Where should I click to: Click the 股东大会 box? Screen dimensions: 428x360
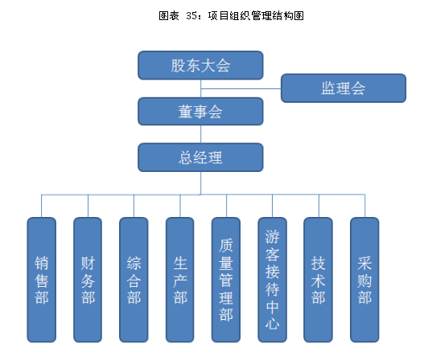tap(200, 65)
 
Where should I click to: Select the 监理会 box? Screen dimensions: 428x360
tap(344, 88)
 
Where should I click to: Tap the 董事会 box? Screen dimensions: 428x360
tap(200, 112)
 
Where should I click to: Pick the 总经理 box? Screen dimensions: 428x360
tap(200, 157)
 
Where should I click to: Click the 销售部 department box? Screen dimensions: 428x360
tap(42, 280)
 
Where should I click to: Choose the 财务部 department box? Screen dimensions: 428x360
tap(88, 280)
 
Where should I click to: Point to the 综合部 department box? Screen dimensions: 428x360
tap(134, 280)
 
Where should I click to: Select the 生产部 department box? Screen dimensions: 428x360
tap(180, 280)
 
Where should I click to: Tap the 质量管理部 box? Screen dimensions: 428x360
tap(226, 280)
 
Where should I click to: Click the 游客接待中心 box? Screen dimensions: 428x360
tap(273, 280)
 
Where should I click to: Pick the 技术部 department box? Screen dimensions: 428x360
tap(319, 280)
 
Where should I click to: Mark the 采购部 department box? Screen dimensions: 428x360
tap(364, 280)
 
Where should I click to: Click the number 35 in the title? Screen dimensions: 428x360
tap(191, 16)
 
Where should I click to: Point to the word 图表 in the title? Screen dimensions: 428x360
tap(169, 16)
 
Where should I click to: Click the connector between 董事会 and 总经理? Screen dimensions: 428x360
tap(201, 134)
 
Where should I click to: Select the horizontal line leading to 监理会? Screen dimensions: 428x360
tap(241, 88)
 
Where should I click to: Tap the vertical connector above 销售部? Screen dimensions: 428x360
tap(42, 206)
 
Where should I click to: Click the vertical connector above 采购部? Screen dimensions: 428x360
tap(365, 206)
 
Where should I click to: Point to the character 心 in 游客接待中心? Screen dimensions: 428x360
tap(273, 324)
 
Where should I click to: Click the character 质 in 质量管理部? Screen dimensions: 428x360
tap(226, 245)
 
